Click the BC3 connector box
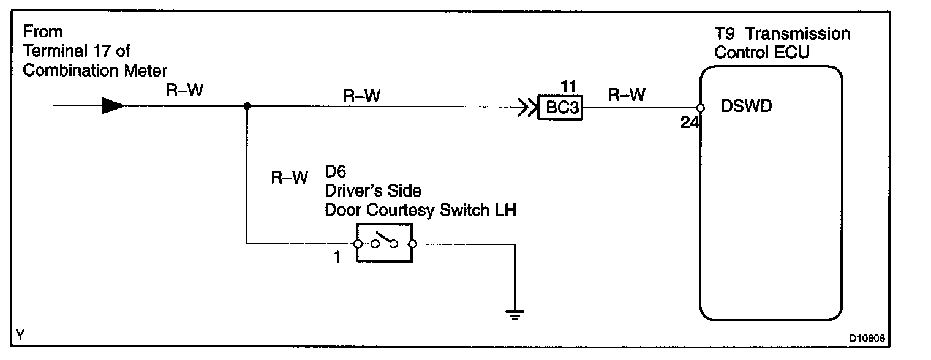click(x=560, y=108)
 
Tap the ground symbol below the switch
click(x=514, y=315)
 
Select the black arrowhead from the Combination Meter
click(x=113, y=106)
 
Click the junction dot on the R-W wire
click(x=247, y=106)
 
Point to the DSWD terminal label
click(x=747, y=107)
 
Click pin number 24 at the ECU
click(x=689, y=122)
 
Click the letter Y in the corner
click(x=21, y=334)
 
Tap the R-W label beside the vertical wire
click(x=289, y=178)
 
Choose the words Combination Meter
click(x=94, y=70)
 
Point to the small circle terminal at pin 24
click(x=701, y=108)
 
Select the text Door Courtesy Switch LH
click(x=420, y=210)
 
